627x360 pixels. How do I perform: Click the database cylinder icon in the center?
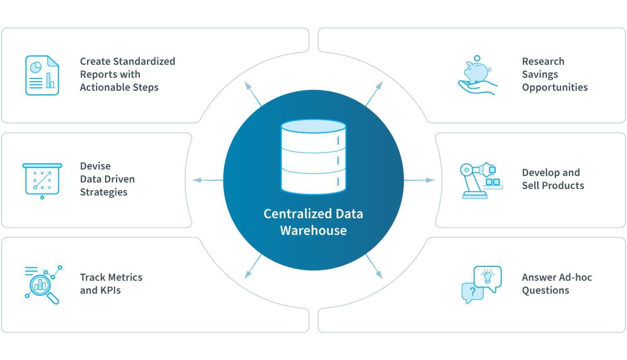(x=313, y=157)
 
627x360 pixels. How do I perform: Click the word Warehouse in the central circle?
(x=313, y=231)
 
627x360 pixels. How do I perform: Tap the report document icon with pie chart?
(x=42, y=76)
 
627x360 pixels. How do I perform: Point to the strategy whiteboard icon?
(x=42, y=180)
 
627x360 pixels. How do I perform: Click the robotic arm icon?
(x=480, y=180)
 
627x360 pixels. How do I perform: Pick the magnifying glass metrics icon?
(x=42, y=285)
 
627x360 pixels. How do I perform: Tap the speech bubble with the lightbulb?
(x=488, y=277)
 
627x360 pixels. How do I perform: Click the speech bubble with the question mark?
(x=472, y=292)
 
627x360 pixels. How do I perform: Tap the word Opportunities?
(x=555, y=87)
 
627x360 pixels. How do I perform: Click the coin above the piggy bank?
(x=477, y=58)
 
